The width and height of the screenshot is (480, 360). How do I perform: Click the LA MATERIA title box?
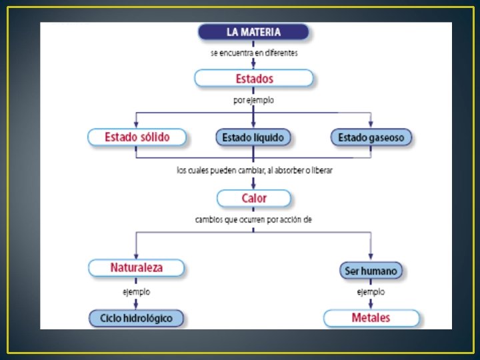tap(253, 31)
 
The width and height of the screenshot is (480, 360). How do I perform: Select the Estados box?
tap(253, 79)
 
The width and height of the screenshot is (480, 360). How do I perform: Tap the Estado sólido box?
tap(137, 137)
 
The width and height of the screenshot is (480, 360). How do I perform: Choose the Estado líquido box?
tap(253, 138)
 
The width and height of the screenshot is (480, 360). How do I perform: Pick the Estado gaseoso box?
tap(371, 138)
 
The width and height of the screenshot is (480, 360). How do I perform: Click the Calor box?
tap(253, 198)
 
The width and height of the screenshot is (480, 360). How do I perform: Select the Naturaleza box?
tap(136, 268)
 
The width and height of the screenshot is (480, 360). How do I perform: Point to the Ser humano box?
tap(371, 271)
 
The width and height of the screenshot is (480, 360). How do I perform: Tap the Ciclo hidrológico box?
tap(136, 318)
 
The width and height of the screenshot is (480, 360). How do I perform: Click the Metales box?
tap(371, 317)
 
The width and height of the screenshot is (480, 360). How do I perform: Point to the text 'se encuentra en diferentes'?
tap(254, 53)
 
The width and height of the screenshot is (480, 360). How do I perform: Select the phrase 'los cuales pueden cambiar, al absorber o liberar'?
tap(254, 170)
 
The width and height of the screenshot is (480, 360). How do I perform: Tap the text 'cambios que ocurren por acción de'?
tap(253, 219)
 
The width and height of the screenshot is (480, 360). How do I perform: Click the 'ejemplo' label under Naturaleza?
tap(136, 292)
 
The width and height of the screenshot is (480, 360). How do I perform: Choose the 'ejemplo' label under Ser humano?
tap(371, 292)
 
